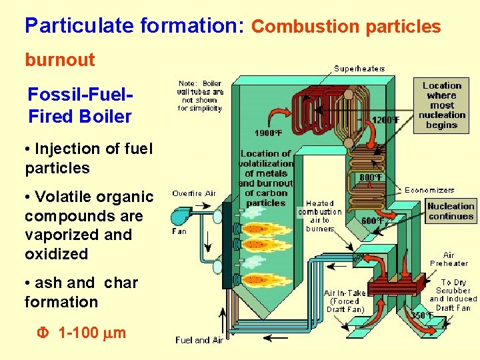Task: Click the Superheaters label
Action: click(359, 68)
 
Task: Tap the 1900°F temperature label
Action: click(268, 133)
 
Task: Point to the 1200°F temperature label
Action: click(386, 120)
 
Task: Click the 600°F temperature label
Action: click(371, 221)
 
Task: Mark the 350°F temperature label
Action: click(423, 315)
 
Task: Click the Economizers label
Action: click(429, 190)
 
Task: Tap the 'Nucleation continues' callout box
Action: click(451, 211)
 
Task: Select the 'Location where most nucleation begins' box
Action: click(441, 105)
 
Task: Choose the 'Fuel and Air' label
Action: click(198, 340)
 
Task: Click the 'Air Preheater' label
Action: click(449, 259)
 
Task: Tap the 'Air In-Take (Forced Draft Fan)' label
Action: click(345, 301)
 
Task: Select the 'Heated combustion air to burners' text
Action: click(319, 216)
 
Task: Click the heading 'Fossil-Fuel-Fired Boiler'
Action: click(80, 105)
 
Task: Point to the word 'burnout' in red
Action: click(60, 60)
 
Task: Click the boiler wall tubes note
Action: click(200, 96)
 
